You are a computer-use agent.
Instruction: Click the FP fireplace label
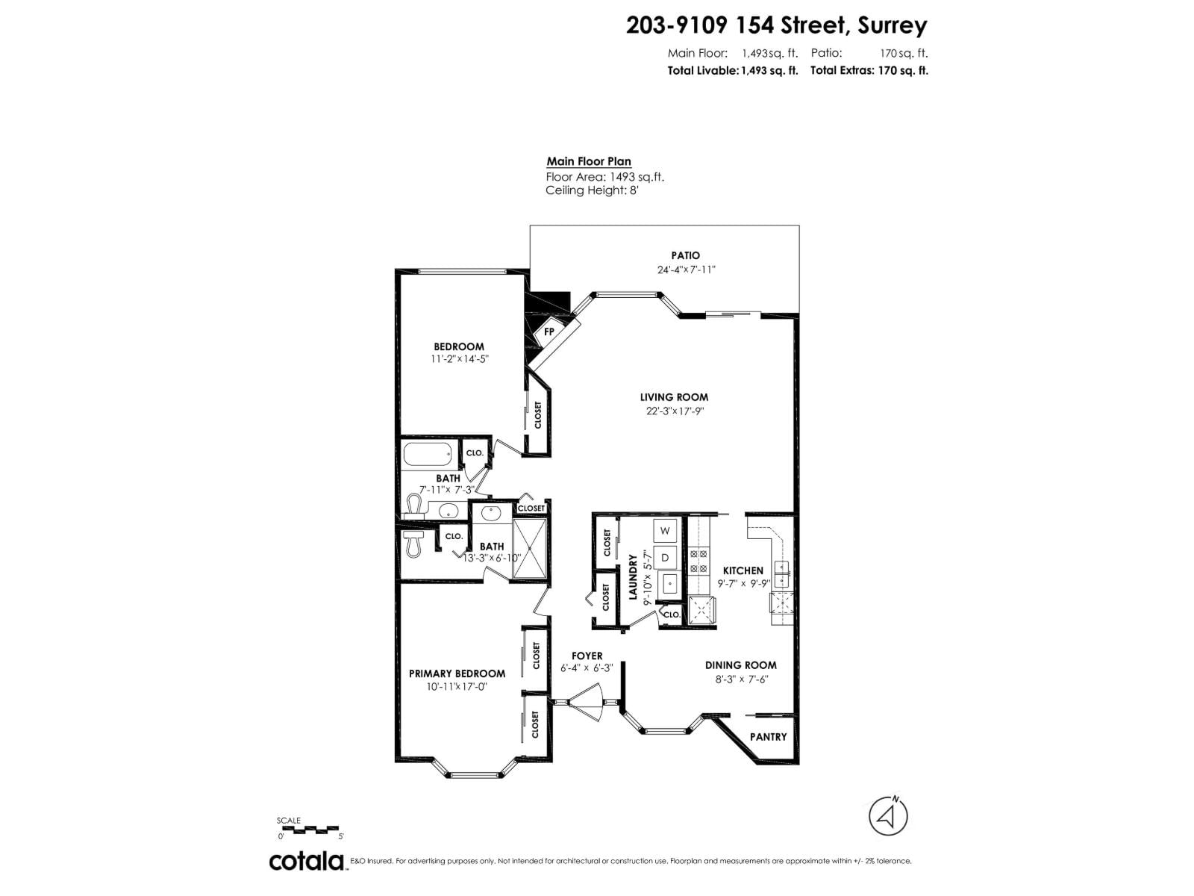(549, 331)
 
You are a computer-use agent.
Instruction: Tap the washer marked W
(666, 530)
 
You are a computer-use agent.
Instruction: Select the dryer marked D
(666, 557)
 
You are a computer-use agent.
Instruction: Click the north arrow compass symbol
(888, 815)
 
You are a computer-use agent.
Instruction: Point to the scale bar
(310, 829)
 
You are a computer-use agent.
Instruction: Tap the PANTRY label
(768, 737)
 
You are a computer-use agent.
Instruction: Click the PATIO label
(685, 255)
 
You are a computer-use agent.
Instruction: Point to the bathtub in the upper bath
(428, 453)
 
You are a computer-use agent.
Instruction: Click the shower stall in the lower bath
(531, 549)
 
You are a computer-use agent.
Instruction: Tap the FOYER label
(587, 656)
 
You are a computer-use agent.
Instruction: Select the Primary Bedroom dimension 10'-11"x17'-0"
(457, 686)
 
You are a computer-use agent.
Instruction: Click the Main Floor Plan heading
(588, 161)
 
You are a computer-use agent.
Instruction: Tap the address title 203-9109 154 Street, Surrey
(776, 25)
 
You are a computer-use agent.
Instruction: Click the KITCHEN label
(743, 570)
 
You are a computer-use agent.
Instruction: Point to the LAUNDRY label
(633, 577)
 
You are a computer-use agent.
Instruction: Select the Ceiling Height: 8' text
(592, 190)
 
